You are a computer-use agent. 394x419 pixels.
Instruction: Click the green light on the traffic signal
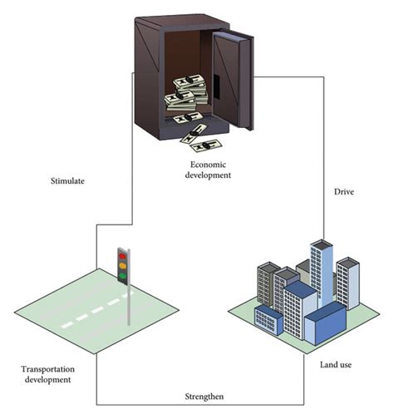click(x=123, y=274)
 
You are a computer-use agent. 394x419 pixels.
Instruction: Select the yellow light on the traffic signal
click(x=123, y=264)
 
